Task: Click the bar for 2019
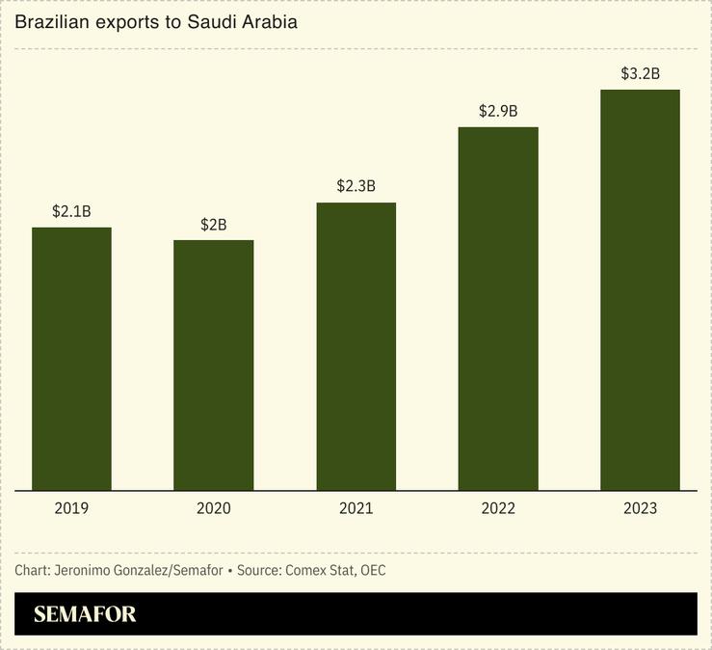[71, 359]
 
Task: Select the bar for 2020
[214, 365]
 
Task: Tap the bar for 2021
[356, 346]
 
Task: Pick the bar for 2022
[498, 309]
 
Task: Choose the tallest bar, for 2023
[640, 289]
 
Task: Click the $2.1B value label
[71, 211]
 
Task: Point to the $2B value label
[214, 224]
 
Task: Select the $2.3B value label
[356, 186]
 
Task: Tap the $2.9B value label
[498, 111]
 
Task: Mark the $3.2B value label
[640, 73]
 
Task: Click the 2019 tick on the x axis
[71, 508]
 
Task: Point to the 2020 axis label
[214, 508]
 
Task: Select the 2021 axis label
[356, 508]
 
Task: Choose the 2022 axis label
[498, 508]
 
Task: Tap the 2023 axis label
[640, 508]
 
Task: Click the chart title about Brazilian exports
[155, 21]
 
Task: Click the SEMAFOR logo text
[85, 614]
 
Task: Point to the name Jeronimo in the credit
[85, 571]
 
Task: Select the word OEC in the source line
[373, 571]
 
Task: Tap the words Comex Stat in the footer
[319, 571]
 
